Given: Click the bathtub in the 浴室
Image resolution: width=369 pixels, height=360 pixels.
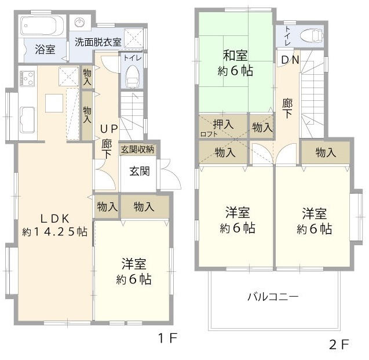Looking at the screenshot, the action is coord(42,26).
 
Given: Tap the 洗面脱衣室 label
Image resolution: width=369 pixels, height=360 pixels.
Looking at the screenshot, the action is coord(98,42).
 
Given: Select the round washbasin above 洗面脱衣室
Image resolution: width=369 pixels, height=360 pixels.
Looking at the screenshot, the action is coord(80,23).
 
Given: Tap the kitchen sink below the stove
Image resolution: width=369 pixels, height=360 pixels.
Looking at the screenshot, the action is coord(28,120).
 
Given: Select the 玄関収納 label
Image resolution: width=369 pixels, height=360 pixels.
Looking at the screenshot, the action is coord(137,149).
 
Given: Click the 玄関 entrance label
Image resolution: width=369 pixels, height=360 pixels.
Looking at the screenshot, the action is coord(140,171).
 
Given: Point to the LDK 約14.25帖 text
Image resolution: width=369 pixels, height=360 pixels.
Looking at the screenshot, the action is coord(55,226).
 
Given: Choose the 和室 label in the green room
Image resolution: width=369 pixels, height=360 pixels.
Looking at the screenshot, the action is coord(235,55).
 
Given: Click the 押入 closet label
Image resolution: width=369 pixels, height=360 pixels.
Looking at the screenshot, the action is coord(223,124).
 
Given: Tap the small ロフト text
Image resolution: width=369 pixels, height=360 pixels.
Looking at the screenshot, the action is coord(209,134).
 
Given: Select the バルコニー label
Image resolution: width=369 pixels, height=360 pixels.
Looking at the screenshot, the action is coord(273,296).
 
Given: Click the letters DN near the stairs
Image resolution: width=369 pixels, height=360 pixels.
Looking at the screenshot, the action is coord(290,60).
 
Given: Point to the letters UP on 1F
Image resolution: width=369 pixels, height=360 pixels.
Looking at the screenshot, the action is coord(109,129).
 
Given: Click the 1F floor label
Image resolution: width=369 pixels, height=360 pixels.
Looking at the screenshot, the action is coord(167,339).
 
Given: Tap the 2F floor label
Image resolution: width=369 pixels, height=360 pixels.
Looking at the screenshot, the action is coord(339,345).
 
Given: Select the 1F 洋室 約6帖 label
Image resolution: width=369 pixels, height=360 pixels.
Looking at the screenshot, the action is coord(134,271).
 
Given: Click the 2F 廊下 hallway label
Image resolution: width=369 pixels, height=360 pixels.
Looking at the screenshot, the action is coord(287,108).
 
